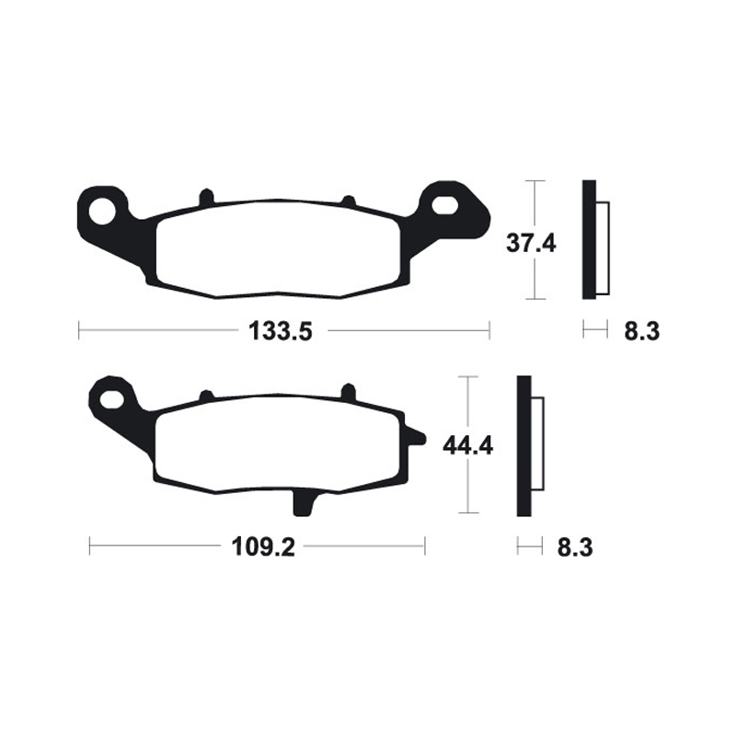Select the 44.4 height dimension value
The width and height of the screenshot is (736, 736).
point(468,446)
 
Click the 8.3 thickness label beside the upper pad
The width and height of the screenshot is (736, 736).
point(641,331)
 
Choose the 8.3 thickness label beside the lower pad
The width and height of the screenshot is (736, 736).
point(573,548)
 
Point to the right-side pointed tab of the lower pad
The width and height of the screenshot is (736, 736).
point(415,439)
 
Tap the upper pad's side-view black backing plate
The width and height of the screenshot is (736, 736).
point(589,239)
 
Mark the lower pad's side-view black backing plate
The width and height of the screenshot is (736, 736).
point(524,446)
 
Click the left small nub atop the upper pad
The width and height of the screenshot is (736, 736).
point(206,197)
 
